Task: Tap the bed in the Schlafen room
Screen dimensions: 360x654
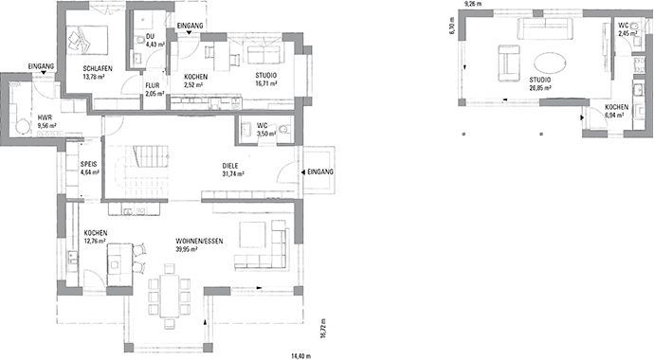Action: [x=86, y=39]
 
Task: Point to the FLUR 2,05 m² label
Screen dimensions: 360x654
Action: [x=154, y=90]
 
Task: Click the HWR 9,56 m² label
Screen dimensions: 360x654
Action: [x=46, y=120]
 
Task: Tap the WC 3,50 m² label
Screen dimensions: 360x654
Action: [x=265, y=131]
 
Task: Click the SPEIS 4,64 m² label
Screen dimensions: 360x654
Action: [x=90, y=169]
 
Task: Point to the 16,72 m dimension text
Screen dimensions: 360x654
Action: [x=322, y=328]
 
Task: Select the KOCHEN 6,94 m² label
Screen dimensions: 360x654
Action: [x=616, y=112]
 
